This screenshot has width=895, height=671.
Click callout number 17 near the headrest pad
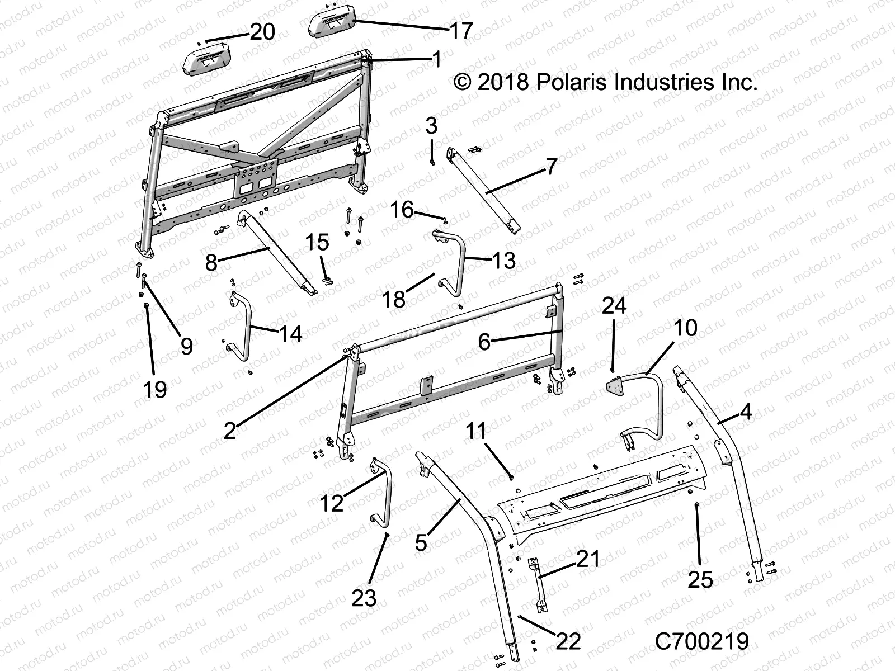click(461, 30)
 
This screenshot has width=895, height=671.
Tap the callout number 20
click(262, 32)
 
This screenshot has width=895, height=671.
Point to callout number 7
click(551, 166)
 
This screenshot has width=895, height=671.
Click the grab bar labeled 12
click(387, 492)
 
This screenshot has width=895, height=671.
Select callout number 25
click(700, 580)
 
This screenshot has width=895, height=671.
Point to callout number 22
click(568, 641)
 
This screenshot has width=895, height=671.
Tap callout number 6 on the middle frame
click(484, 341)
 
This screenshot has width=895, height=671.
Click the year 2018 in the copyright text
click(503, 82)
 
